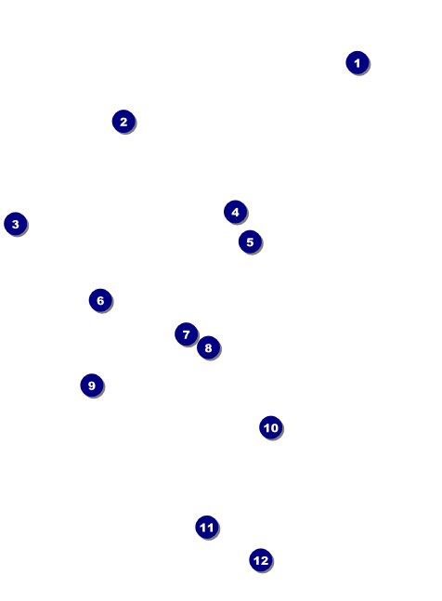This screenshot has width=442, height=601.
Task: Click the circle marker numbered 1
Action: [x=357, y=63]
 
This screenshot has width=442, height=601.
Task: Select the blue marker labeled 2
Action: [x=123, y=122]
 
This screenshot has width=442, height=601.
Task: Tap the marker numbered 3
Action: [x=16, y=224]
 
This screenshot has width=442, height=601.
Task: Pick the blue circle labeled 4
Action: [x=236, y=212]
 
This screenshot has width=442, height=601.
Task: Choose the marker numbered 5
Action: [x=250, y=242]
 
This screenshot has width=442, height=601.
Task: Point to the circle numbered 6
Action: [x=100, y=301]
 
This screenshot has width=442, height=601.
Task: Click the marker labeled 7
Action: [x=186, y=334]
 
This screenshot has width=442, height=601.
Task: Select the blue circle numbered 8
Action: [x=208, y=347]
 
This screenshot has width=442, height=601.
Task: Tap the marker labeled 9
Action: [x=92, y=385]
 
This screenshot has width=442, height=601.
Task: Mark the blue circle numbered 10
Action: [x=271, y=427]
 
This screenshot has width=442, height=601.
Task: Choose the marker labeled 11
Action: [x=207, y=528]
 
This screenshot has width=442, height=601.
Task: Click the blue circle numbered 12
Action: [x=261, y=560]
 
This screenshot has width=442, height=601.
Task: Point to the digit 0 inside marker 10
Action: [x=274, y=427]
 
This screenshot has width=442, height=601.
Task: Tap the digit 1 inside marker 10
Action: [x=266, y=427]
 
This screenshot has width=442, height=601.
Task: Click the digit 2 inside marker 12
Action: [x=265, y=561]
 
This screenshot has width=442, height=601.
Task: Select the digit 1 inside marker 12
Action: [x=256, y=561]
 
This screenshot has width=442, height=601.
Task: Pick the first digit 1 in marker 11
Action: [x=203, y=528]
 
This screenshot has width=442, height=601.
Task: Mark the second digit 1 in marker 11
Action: [x=210, y=528]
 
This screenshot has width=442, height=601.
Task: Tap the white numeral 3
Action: [x=16, y=224]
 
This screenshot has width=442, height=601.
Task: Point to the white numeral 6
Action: [x=100, y=301]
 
